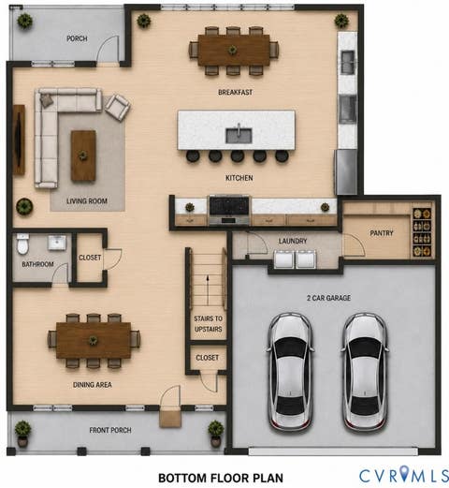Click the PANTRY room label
point(382,233)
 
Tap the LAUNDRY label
point(293,241)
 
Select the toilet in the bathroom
point(22,244)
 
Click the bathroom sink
point(57,243)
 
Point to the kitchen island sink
point(239,136)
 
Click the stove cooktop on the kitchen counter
point(229,205)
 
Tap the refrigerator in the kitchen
point(346,172)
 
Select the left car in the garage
point(290,373)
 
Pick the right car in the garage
point(365,373)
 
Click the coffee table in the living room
point(83,155)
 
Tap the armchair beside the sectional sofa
point(117,107)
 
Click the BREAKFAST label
point(235,92)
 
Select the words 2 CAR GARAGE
point(328,298)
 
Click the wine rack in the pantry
point(422,232)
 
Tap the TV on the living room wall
point(19,140)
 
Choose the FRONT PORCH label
point(110,430)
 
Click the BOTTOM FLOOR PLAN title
point(221,478)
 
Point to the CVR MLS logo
point(404,475)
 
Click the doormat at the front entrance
point(170,419)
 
